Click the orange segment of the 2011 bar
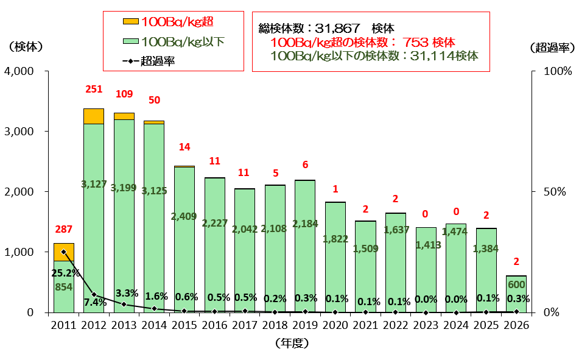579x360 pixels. coord(64,252)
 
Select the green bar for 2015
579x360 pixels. coord(184,240)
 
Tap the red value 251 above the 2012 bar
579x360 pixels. coord(94,89)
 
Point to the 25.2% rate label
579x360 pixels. coord(66,273)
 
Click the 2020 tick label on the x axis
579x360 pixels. coord(335,325)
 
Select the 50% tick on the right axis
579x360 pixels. coord(555,191)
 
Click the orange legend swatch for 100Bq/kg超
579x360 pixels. coord(130,21)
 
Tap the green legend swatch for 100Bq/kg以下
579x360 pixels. coord(130,41)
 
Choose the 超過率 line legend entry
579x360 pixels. coord(149,61)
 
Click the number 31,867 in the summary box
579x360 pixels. coord(337,29)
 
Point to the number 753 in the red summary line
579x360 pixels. coord(415,43)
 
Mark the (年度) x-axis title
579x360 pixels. coord(292,344)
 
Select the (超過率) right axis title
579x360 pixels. coord(552,48)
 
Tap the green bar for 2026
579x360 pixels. coord(516,294)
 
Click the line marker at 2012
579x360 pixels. coord(94,295)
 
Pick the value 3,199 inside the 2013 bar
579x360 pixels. coord(124,188)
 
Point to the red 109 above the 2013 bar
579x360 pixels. coord(124,94)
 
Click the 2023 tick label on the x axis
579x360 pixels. coord(426,325)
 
